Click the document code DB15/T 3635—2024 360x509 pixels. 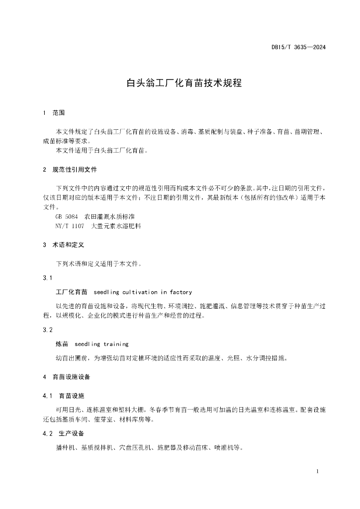[298, 48]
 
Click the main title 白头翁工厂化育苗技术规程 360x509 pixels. [184, 83]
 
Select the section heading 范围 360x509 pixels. [59, 113]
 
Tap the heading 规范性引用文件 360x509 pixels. [75, 170]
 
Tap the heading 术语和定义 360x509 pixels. [69, 245]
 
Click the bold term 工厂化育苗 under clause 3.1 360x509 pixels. [72, 292]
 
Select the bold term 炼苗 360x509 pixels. [62, 343]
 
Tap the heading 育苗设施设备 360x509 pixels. [72, 377]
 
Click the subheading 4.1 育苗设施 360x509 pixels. [64, 396]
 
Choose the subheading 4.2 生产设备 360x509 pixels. [64, 433]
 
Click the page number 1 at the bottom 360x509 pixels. [317, 471]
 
